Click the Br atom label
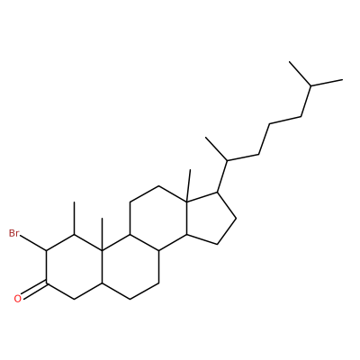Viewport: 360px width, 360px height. point(13,233)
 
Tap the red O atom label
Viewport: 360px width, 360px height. point(18,299)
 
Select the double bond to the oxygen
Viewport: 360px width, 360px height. point(34,289)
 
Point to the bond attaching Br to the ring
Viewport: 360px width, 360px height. point(33,243)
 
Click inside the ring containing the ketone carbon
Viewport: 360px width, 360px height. point(74,266)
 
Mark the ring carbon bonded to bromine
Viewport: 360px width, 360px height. point(46,250)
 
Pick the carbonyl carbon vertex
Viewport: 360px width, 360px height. point(46,283)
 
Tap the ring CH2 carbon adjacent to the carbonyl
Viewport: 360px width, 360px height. point(74,299)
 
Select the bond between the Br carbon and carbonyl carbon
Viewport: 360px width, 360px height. point(46,266)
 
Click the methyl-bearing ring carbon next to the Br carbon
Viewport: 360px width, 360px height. point(74,235)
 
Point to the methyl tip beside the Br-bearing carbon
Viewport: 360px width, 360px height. point(74,202)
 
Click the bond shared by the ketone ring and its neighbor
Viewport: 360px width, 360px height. point(103,266)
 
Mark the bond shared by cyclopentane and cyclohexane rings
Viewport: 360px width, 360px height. point(186,218)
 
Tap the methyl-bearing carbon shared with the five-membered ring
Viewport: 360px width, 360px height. point(186,202)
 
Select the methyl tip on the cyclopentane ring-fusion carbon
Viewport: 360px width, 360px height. point(190,170)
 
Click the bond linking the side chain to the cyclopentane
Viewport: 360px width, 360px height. point(222,176)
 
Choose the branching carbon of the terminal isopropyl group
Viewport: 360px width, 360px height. point(310,86)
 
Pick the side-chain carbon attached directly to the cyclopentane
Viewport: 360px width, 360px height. point(228,161)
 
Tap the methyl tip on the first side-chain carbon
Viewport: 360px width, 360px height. point(206,138)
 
